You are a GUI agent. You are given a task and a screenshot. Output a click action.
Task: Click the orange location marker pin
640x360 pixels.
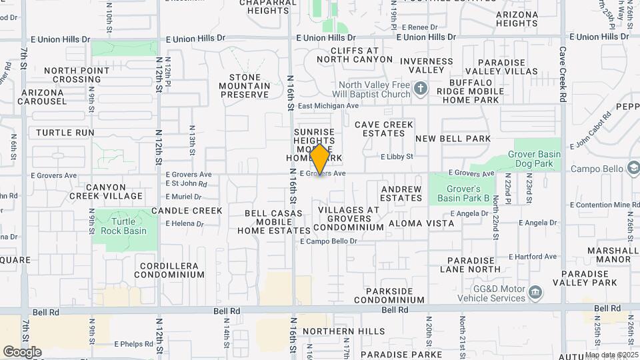320,159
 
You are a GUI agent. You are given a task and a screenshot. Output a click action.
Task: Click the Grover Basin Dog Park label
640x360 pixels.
533,159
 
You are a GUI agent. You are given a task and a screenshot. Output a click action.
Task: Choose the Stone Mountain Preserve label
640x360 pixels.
245,86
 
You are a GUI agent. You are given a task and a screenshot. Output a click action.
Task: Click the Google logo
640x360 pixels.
21,351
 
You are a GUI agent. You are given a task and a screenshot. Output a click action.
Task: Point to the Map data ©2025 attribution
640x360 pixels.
611,355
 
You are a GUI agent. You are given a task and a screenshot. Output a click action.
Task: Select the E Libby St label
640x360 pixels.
397,157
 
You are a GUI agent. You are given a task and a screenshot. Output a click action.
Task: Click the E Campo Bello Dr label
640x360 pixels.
328,241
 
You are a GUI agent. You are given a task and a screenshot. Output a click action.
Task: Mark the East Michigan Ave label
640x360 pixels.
328,106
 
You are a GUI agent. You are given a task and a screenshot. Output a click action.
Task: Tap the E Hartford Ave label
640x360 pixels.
532,256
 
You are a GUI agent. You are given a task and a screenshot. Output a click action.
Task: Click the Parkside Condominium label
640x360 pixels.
395,295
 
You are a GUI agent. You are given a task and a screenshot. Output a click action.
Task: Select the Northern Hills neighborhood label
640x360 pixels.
343,331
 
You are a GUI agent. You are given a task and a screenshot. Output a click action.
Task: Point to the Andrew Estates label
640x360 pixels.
401,193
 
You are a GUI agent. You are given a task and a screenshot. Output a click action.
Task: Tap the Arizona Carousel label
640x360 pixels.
44,97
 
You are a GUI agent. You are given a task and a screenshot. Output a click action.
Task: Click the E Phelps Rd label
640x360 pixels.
135,344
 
